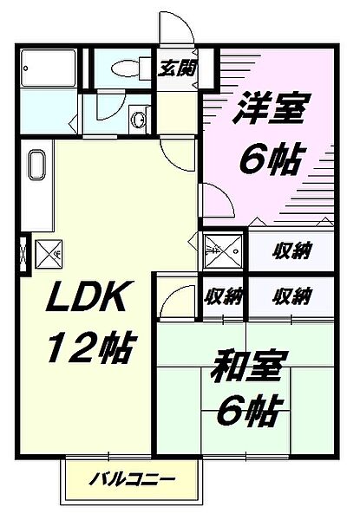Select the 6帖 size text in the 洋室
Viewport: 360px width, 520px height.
pyautogui.click(x=270, y=159)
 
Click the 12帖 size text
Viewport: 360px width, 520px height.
pyautogui.click(x=87, y=349)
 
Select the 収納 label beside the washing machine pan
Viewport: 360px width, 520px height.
pyautogui.click(x=291, y=252)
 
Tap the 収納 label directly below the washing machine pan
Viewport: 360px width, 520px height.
pyautogui.click(x=223, y=296)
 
